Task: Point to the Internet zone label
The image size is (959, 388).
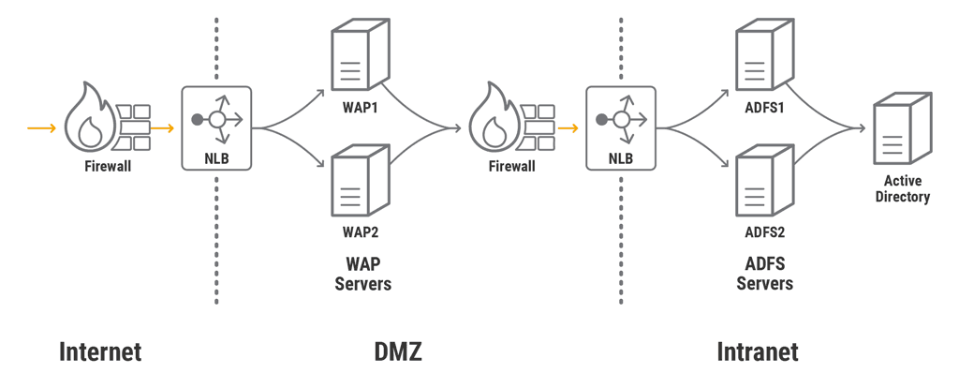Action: tap(100, 352)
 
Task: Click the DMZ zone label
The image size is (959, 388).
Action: tap(398, 352)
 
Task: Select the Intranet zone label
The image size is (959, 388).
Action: tap(758, 352)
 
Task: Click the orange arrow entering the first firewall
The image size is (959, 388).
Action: tap(41, 127)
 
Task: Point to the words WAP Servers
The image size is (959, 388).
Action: tap(362, 273)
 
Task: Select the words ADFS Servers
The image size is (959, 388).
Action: tap(765, 273)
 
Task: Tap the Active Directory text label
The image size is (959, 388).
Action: tap(902, 188)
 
